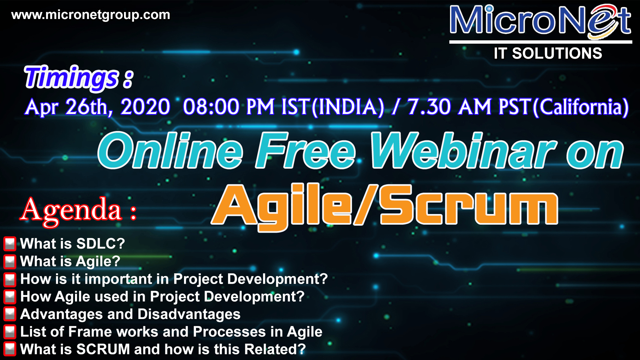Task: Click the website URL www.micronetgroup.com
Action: point(91,15)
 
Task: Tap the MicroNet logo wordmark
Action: point(540,21)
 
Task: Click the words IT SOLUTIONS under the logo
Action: point(548,53)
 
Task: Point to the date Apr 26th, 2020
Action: point(98,107)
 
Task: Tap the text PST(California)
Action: point(564,107)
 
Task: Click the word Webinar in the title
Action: point(464,150)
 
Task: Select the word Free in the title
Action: point(306,150)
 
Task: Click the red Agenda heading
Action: point(78,210)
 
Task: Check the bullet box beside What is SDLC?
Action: point(10,244)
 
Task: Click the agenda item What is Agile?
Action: point(70,261)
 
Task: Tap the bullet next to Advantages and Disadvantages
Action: point(10,314)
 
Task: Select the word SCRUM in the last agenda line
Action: point(103,349)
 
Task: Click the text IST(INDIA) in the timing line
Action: point(333,107)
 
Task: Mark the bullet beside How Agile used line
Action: point(10,297)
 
